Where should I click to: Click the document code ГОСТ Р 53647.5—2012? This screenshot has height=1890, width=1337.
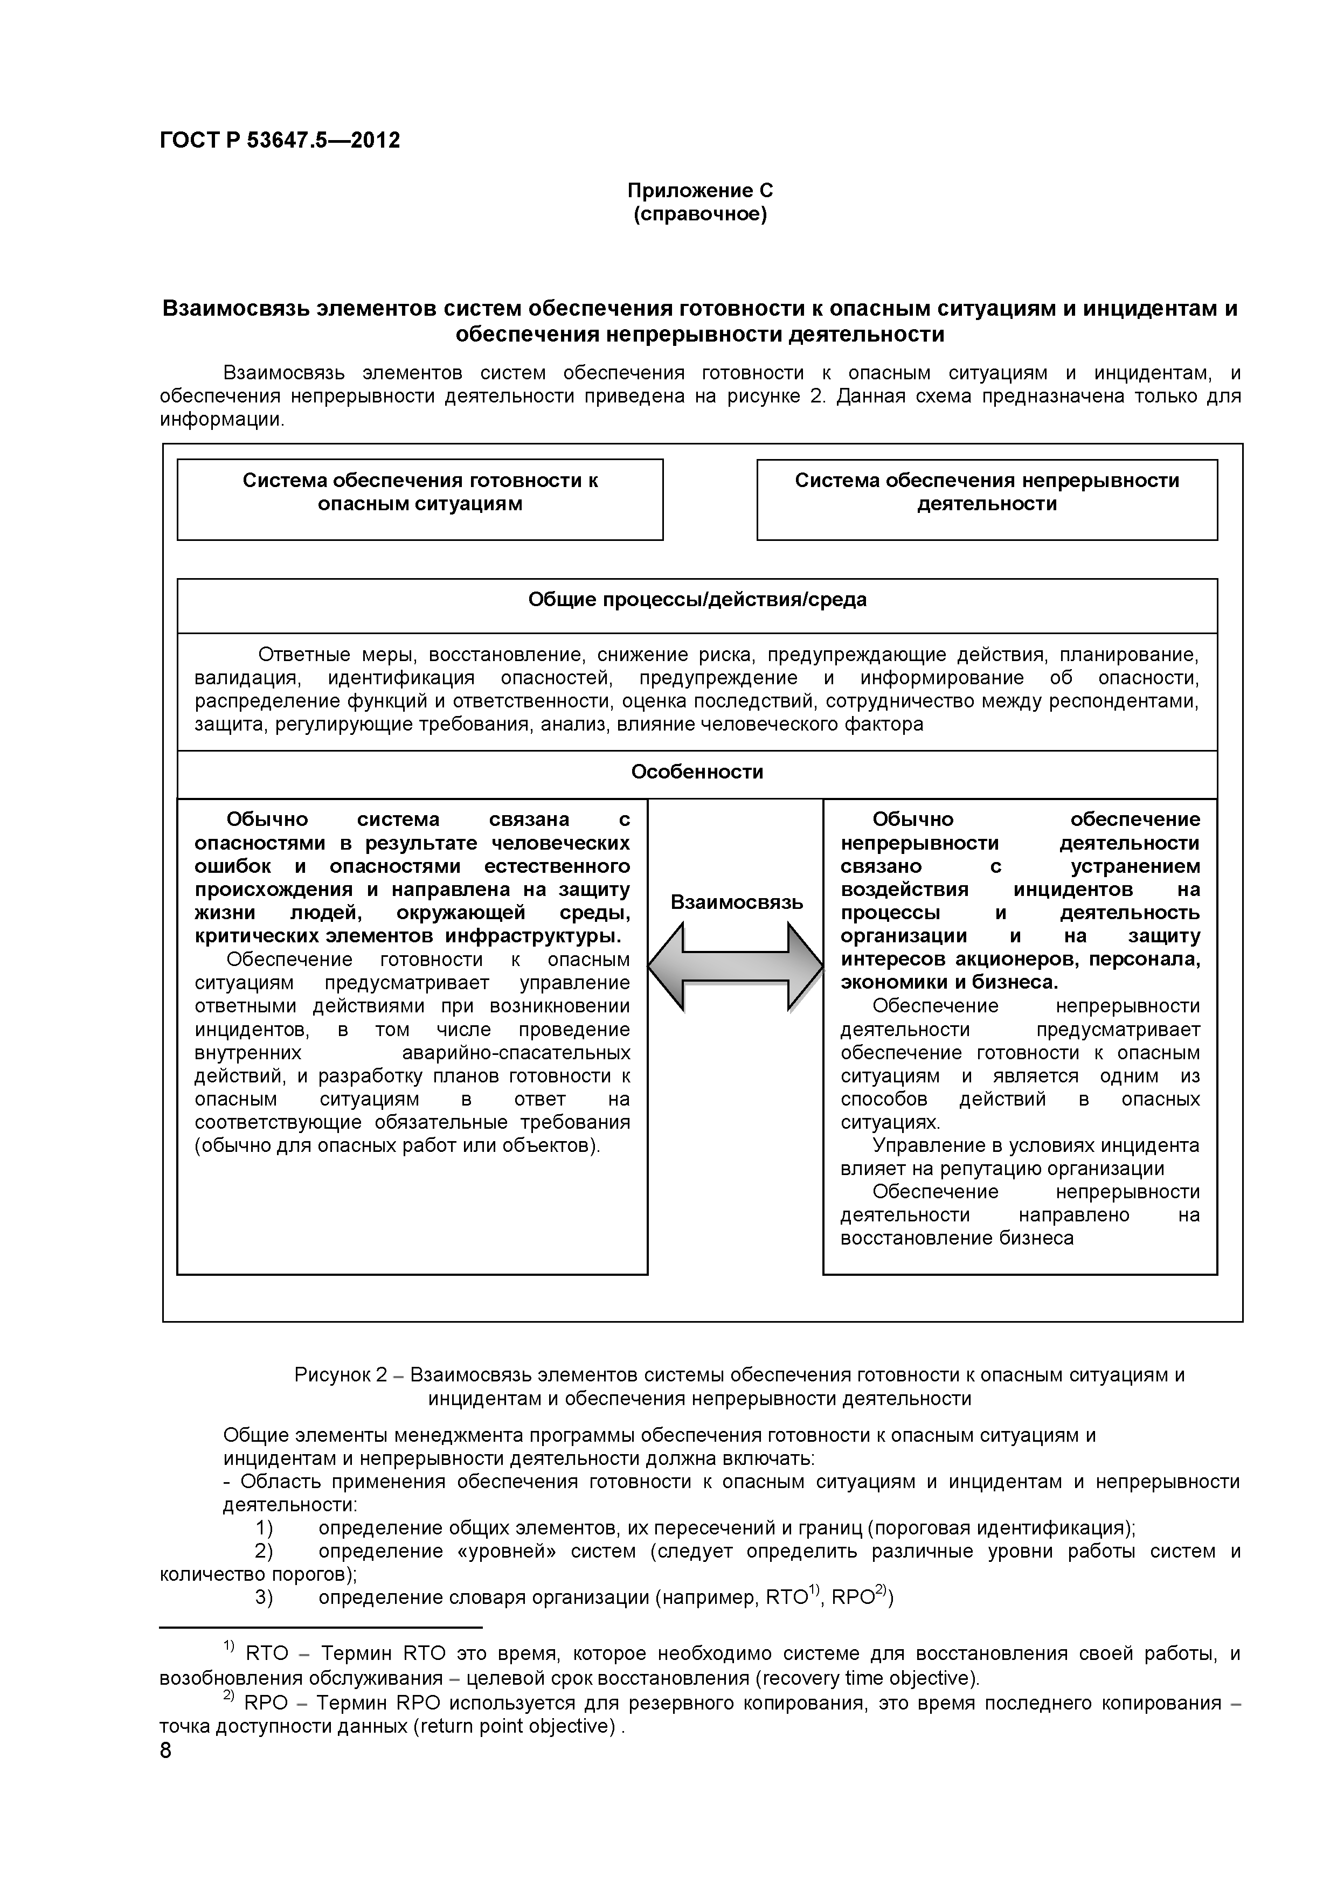(280, 141)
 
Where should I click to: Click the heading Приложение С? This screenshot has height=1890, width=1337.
(700, 191)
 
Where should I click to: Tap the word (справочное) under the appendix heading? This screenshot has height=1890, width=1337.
(700, 215)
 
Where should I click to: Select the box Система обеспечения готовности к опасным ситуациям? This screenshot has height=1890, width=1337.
(420, 499)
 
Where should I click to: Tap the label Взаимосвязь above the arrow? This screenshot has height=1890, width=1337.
(736, 902)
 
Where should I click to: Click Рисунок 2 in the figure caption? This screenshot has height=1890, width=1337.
(340, 1375)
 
